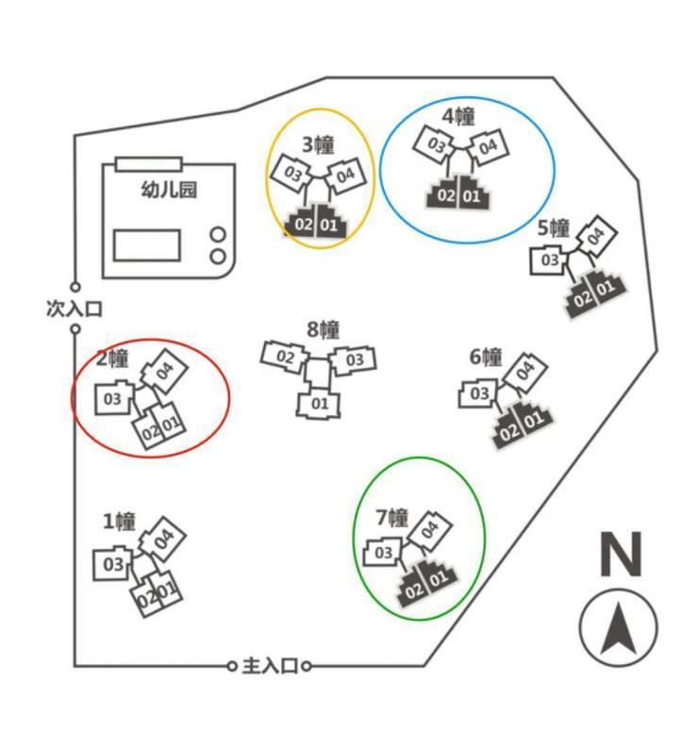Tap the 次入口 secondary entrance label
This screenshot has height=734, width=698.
click(74, 309)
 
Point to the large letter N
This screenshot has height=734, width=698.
click(621, 555)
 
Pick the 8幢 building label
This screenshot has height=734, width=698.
click(323, 330)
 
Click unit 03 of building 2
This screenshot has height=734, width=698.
click(113, 399)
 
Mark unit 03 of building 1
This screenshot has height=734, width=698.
click(113, 565)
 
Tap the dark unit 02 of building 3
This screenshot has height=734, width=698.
click(304, 225)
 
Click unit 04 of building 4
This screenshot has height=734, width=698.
click(487, 147)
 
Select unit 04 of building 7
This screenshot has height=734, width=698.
click(429, 530)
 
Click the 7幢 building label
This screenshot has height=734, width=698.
click(391, 517)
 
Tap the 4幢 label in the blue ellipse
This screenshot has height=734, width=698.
click(458, 116)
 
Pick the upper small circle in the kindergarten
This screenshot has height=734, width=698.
click(218, 235)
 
